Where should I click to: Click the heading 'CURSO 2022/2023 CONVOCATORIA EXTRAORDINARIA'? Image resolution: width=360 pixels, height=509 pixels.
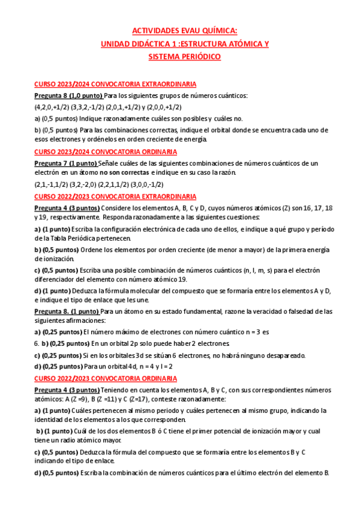click(x=115, y=196)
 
